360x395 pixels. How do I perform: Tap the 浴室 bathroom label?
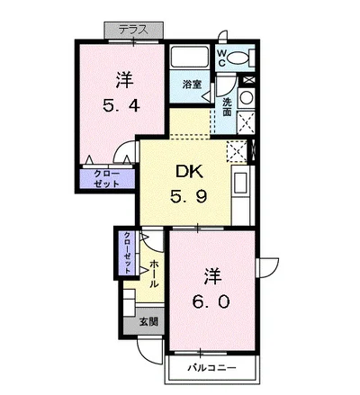(x=192, y=84)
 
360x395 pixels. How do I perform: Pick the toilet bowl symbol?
(x=238, y=58)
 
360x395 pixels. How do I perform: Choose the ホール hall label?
(x=154, y=273)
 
